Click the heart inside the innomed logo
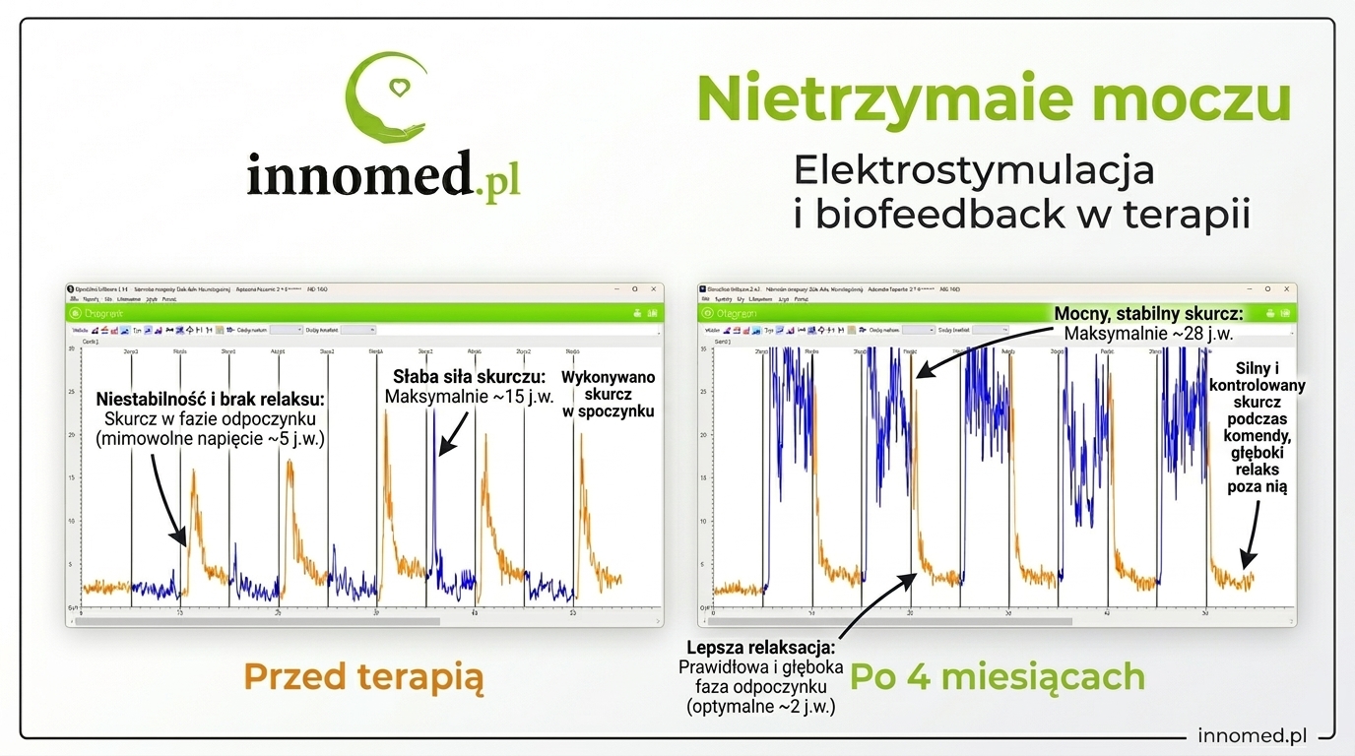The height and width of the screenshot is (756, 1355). tap(397, 88)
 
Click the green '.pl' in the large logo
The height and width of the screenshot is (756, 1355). tap(495, 180)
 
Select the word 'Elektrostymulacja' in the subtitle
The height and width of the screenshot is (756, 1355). tap(973, 170)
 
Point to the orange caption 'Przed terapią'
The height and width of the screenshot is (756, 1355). tap(364, 677)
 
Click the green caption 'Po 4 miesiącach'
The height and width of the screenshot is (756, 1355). tap(998, 677)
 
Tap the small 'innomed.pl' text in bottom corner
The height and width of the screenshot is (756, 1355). tap(1252, 735)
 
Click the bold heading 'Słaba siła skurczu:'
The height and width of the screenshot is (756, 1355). tap(469, 376)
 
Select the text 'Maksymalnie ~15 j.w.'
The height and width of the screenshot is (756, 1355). tap(470, 397)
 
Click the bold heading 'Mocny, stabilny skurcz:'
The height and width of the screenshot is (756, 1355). tap(1148, 314)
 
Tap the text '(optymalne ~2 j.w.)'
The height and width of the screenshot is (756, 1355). tap(760, 705)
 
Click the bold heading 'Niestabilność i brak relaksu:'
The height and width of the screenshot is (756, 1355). tap(210, 400)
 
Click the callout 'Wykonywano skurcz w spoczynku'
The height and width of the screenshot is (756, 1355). tap(608, 394)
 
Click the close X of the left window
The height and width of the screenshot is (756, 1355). tap(653, 289)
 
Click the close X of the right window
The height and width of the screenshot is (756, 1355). tap(1286, 289)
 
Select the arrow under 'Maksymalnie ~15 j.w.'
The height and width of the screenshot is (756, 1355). tap(451, 433)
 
